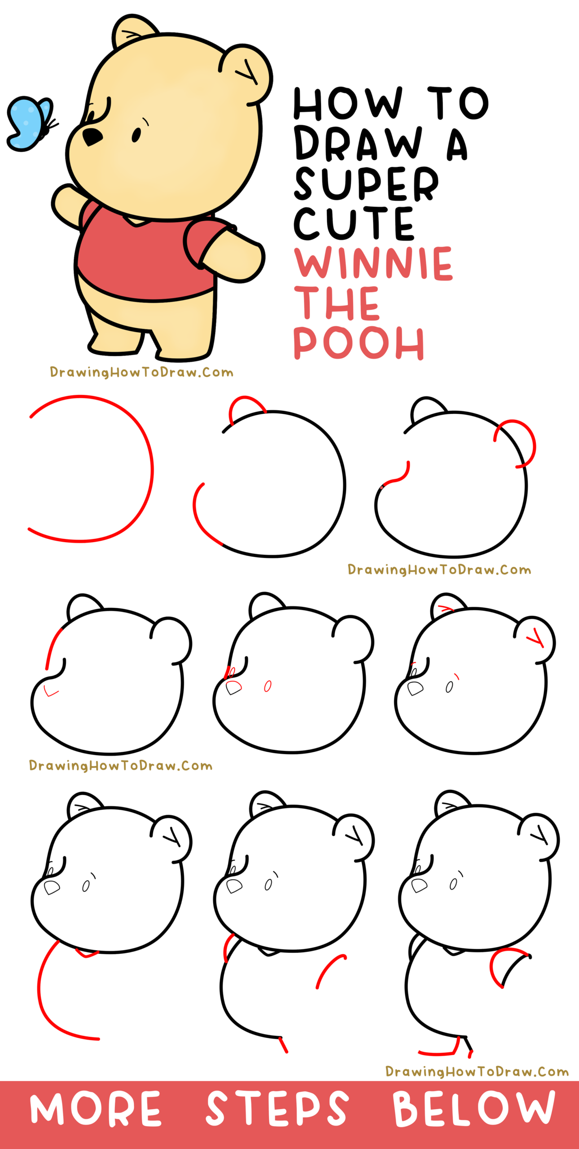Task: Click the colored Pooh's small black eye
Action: (x=136, y=134)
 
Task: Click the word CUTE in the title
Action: (x=354, y=223)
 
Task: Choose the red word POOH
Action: (x=359, y=343)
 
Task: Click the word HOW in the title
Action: (x=348, y=104)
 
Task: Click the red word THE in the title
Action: (x=337, y=303)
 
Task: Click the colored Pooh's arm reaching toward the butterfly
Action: (x=67, y=204)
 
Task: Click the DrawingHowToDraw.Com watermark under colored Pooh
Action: (x=141, y=372)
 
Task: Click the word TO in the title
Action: (x=458, y=104)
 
